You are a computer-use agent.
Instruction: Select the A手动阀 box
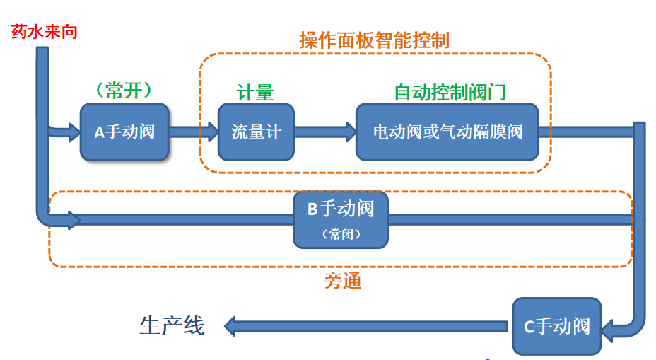[124, 132]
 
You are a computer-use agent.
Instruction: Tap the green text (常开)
[124, 91]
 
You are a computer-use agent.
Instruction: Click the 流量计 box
[255, 132]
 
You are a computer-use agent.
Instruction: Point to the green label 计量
[255, 93]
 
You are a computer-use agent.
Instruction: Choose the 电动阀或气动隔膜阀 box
[447, 132]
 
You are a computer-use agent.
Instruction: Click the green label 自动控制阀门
[450, 93]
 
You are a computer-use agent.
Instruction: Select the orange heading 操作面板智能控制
[374, 40]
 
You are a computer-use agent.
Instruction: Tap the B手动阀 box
[341, 219]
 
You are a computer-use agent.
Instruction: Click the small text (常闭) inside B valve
[341, 234]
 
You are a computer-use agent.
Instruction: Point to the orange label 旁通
[343, 281]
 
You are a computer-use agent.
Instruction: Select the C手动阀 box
[556, 326]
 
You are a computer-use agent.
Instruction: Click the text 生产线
[172, 325]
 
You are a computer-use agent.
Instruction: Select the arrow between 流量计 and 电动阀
[324, 131]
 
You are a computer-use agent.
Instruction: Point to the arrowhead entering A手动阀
[73, 132]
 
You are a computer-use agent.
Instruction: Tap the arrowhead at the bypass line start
[73, 221]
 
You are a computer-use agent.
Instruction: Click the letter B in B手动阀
[312, 209]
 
